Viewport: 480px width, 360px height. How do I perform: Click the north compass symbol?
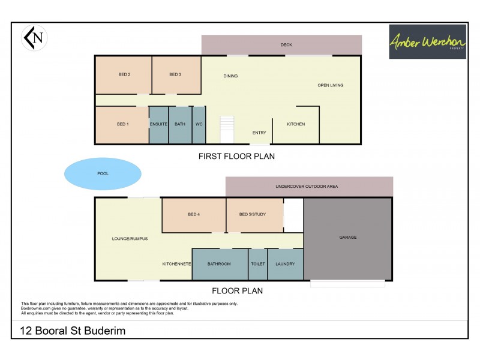34,38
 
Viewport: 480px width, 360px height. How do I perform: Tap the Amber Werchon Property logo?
427,41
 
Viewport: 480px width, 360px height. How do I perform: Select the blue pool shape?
103,174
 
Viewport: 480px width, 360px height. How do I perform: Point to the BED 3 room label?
175,74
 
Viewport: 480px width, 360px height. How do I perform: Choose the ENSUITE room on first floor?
158,124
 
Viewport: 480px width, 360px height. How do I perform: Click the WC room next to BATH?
199,124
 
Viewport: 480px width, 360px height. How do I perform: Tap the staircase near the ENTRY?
227,130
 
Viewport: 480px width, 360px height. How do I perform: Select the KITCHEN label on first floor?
296,124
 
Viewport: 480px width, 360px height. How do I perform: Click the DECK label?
286,45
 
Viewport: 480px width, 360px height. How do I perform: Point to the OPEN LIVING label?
331,85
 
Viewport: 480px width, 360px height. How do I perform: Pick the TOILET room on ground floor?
258,264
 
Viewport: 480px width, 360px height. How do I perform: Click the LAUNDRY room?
285,264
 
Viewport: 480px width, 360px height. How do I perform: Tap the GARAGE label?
348,237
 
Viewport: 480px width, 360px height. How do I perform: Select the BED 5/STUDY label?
253,214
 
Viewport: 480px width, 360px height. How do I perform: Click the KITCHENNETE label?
176,264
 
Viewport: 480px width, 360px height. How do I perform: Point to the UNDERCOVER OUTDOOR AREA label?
307,187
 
